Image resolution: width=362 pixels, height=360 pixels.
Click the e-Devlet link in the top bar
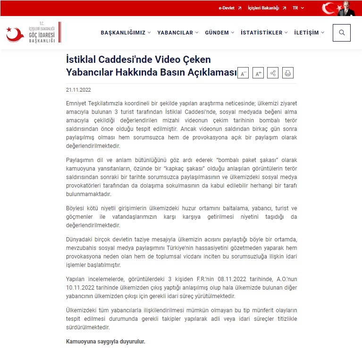point(230,8)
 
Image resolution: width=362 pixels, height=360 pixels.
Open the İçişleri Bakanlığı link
point(267,8)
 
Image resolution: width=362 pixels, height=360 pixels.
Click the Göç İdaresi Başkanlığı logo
point(33,33)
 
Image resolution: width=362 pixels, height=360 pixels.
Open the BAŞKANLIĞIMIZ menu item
point(126,33)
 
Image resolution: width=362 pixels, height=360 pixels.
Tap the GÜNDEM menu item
point(219,33)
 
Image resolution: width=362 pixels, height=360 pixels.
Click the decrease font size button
point(243,73)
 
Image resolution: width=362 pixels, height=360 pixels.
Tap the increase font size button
point(258,73)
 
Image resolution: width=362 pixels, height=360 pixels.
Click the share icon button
point(273,73)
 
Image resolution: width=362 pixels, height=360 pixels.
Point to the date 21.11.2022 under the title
point(78,89)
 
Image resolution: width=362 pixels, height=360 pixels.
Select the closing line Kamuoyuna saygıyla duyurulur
point(105,341)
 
